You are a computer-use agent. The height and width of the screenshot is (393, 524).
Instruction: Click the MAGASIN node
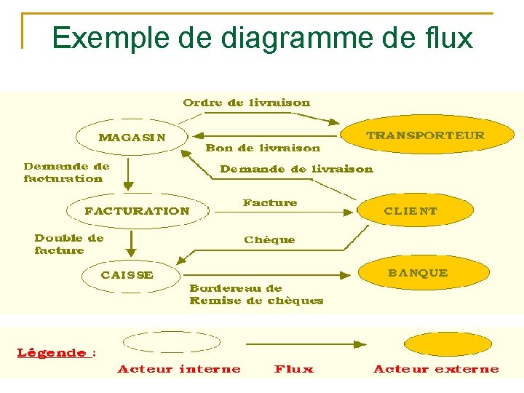(x=132, y=137)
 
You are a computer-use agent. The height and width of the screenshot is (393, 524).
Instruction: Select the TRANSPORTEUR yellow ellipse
(x=425, y=136)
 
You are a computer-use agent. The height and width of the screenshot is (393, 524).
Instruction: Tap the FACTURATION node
(x=137, y=211)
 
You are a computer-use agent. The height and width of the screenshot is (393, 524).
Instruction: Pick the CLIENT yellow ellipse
(x=411, y=211)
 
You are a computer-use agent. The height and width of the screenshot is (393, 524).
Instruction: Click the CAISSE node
(x=127, y=275)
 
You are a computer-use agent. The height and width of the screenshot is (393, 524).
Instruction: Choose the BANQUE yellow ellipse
(x=417, y=273)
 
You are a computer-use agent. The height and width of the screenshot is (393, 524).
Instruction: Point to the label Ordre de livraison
(x=247, y=103)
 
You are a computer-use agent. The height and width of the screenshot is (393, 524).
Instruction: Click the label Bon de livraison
(x=263, y=148)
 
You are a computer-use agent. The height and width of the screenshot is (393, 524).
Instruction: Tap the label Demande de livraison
(x=296, y=169)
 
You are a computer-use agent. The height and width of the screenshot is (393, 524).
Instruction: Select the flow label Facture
(x=270, y=202)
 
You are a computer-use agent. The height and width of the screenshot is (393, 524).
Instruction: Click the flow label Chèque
(x=269, y=239)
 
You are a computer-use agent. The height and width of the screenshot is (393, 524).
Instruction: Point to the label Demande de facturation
(x=66, y=172)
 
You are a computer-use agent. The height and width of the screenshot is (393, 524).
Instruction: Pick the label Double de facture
(x=68, y=244)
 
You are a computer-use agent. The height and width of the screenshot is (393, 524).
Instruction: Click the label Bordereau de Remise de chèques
(x=256, y=295)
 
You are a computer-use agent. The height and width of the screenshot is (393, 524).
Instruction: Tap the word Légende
(x=52, y=353)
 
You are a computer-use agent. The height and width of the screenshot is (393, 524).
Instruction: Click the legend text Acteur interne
(x=179, y=369)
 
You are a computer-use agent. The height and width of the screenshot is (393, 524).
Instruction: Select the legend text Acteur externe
(x=436, y=369)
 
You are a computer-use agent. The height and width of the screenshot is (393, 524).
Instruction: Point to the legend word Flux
(x=294, y=369)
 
